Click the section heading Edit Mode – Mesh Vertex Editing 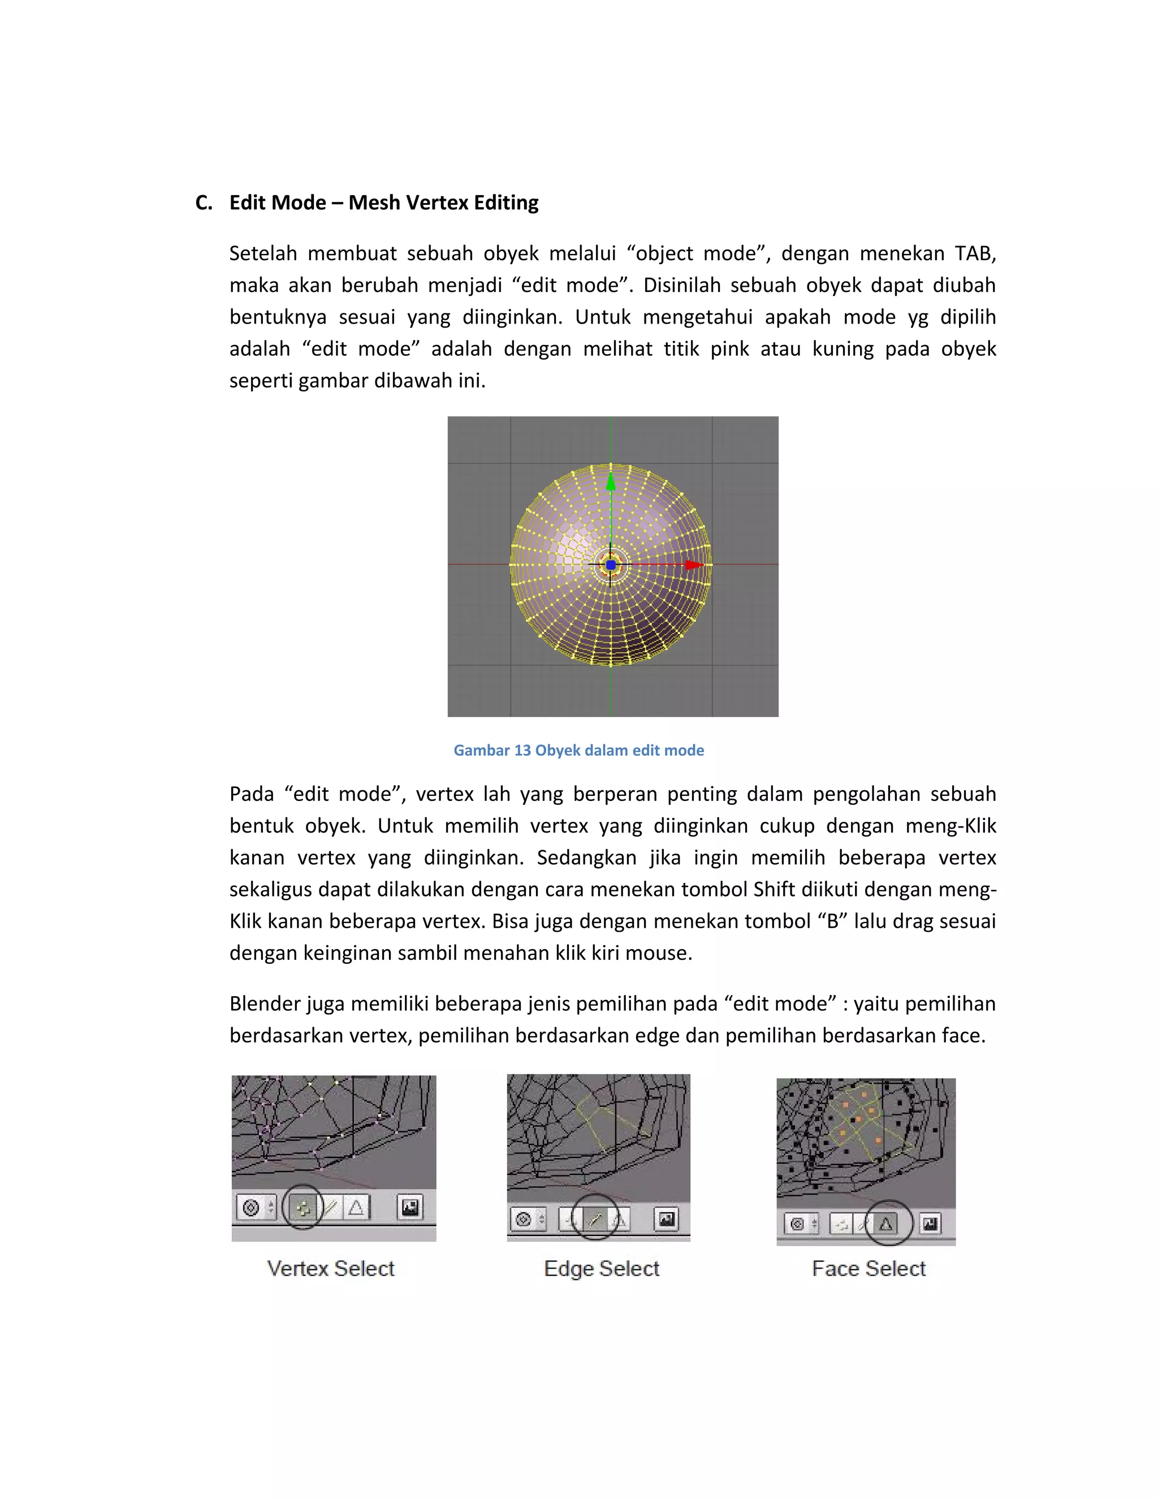(383, 203)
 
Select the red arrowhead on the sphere (694, 565)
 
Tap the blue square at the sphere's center (611, 565)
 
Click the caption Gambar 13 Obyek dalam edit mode (578, 750)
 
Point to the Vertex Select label (331, 1268)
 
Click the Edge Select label (601, 1268)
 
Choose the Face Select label (868, 1268)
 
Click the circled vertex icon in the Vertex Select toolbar (303, 1207)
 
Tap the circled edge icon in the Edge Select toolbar (595, 1220)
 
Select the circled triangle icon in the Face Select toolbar (887, 1223)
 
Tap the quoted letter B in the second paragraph (833, 921)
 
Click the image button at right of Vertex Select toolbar (411, 1207)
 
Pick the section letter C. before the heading (204, 203)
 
